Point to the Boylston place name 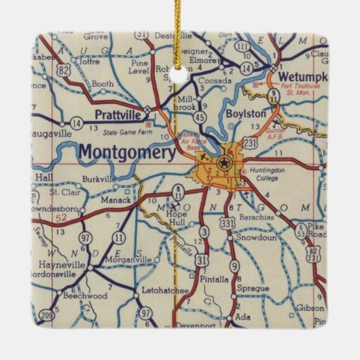coord(245,113)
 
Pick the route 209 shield coord(46,314)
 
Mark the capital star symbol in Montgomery coord(223,162)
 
